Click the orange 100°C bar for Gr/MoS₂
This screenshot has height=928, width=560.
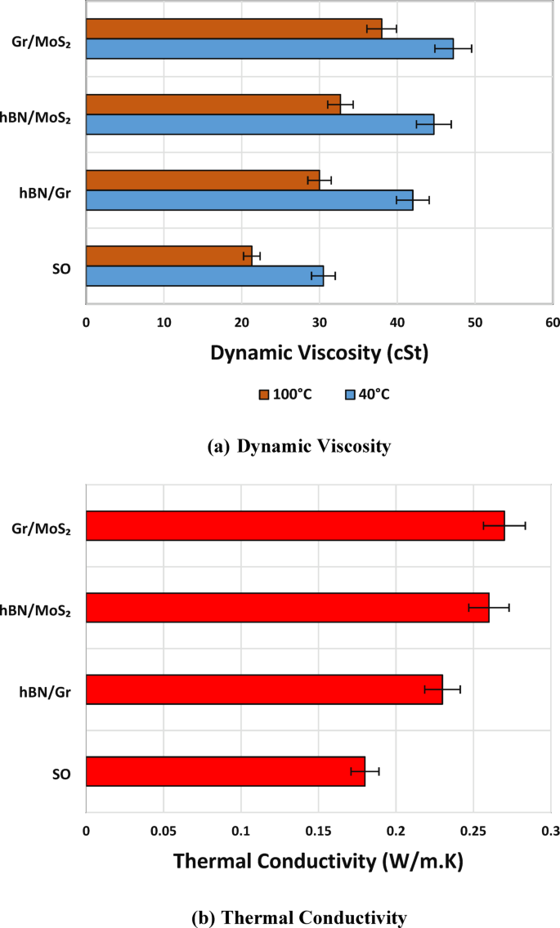pos(233,29)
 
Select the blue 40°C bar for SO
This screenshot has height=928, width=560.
pos(204,275)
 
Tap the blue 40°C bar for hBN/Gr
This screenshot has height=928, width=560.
pos(249,200)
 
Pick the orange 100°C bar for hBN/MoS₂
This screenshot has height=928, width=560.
pos(213,105)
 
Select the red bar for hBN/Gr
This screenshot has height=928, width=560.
pos(263,689)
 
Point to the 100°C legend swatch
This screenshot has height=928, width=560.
pos(264,395)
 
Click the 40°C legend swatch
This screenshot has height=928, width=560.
pos(349,395)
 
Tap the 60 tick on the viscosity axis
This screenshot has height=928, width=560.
pos(552,323)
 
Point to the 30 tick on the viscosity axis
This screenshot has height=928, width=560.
pos(319,323)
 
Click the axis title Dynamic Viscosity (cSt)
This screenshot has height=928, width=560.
pos(319,354)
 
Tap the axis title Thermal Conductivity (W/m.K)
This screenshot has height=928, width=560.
pos(319,860)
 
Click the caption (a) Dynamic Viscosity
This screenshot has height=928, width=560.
pos(299,446)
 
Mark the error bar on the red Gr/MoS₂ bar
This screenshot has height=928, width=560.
pos(504,526)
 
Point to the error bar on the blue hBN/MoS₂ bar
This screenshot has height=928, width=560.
pos(433,124)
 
